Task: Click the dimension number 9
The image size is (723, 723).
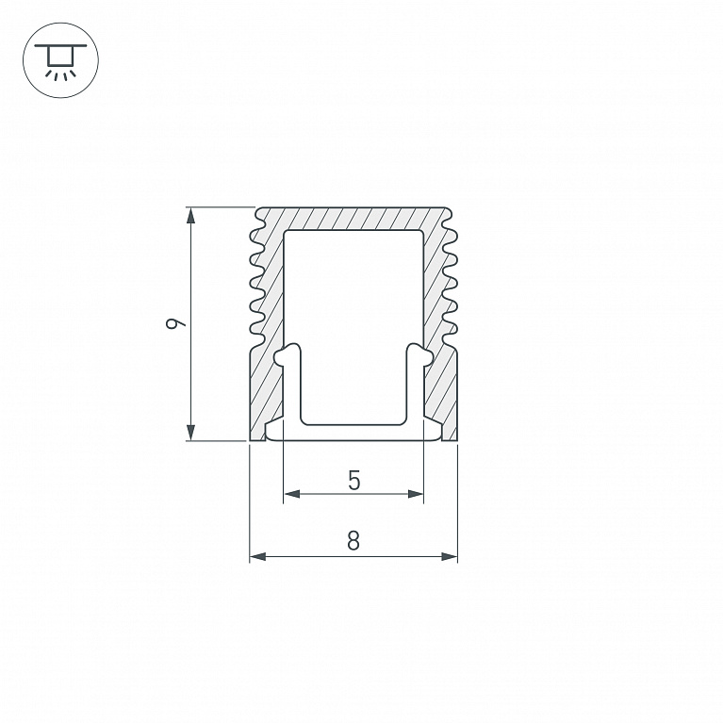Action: pos(175,323)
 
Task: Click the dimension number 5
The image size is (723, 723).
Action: pos(353,481)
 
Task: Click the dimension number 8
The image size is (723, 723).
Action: pos(353,540)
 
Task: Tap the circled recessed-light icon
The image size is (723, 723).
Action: pos(61,60)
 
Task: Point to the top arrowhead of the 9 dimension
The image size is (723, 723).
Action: pos(190,215)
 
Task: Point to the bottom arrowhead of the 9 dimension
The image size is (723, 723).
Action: pos(190,433)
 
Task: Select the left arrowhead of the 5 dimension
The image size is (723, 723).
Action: pos(292,494)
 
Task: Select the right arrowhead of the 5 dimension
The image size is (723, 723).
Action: pos(415,494)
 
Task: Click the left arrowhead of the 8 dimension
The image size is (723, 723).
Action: pos(258,556)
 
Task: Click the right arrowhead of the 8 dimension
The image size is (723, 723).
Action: pos(449,556)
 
